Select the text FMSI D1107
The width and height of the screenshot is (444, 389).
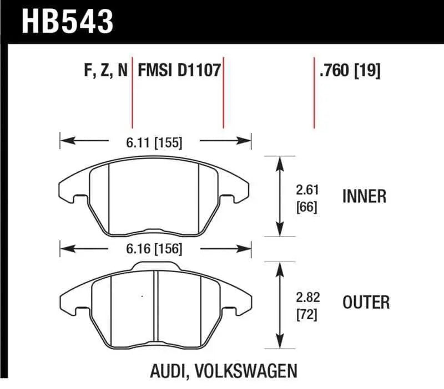coord(179,71)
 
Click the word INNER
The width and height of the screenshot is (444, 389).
coord(364,196)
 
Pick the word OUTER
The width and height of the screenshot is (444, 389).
coord(366,302)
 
